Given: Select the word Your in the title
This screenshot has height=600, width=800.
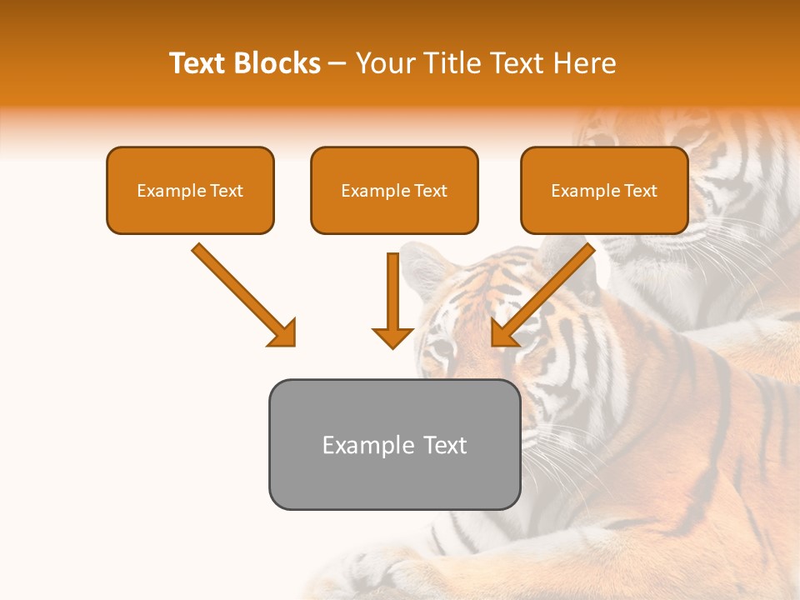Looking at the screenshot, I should click(x=384, y=63).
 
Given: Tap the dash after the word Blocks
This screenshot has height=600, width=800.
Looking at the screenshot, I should click(x=337, y=64).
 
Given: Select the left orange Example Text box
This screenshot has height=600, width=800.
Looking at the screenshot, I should click(x=190, y=190).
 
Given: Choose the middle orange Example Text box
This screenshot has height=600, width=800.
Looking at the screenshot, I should click(x=394, y=190).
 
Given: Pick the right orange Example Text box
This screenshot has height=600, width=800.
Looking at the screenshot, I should click(x=604, y=190).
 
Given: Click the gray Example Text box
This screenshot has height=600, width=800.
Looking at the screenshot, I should click(x=394, y=444).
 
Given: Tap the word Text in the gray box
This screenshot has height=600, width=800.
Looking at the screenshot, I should click(x=445, y=445).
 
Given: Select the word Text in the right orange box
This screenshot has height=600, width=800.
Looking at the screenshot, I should click(x=641, y=191).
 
